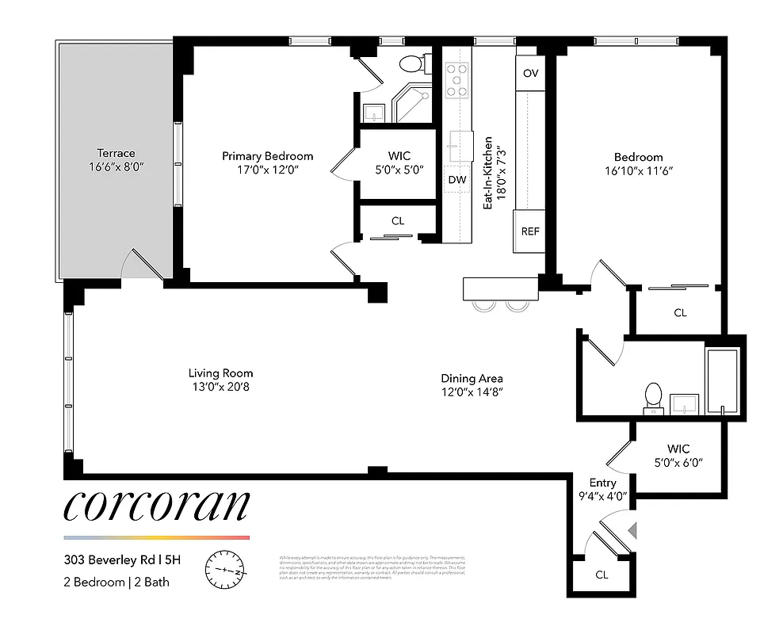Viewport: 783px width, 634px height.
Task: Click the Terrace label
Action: point(116,153)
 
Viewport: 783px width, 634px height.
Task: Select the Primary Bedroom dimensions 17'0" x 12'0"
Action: point(267,170)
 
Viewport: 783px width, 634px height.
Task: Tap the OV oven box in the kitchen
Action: point(531,74)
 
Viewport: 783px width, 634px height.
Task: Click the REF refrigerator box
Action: point(530,231)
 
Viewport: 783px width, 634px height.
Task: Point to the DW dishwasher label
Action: point(457,180)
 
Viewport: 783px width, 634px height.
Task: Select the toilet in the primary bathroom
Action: point(411,63)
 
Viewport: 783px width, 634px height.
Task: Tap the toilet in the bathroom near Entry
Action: point(653,397)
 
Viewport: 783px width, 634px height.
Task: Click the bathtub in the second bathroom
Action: point(721,380)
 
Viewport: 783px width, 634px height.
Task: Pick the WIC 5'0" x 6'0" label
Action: point(678,456)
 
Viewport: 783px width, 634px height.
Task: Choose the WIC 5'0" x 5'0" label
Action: point(399,162)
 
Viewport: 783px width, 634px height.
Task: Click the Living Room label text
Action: point(221,373)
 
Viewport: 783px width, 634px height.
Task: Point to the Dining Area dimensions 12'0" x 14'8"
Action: point(472,391)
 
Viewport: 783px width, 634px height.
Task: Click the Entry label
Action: point(602,483)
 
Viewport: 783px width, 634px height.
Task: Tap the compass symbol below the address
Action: point(226,570)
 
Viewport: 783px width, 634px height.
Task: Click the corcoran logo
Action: point(156,507)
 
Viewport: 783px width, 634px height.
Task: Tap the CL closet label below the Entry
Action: point(602,575)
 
